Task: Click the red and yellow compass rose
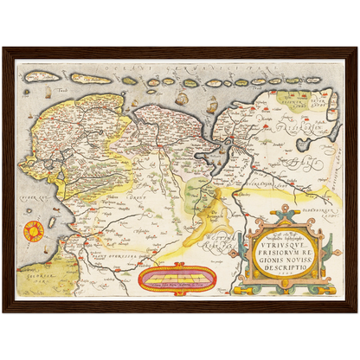[x=33, y=231]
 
